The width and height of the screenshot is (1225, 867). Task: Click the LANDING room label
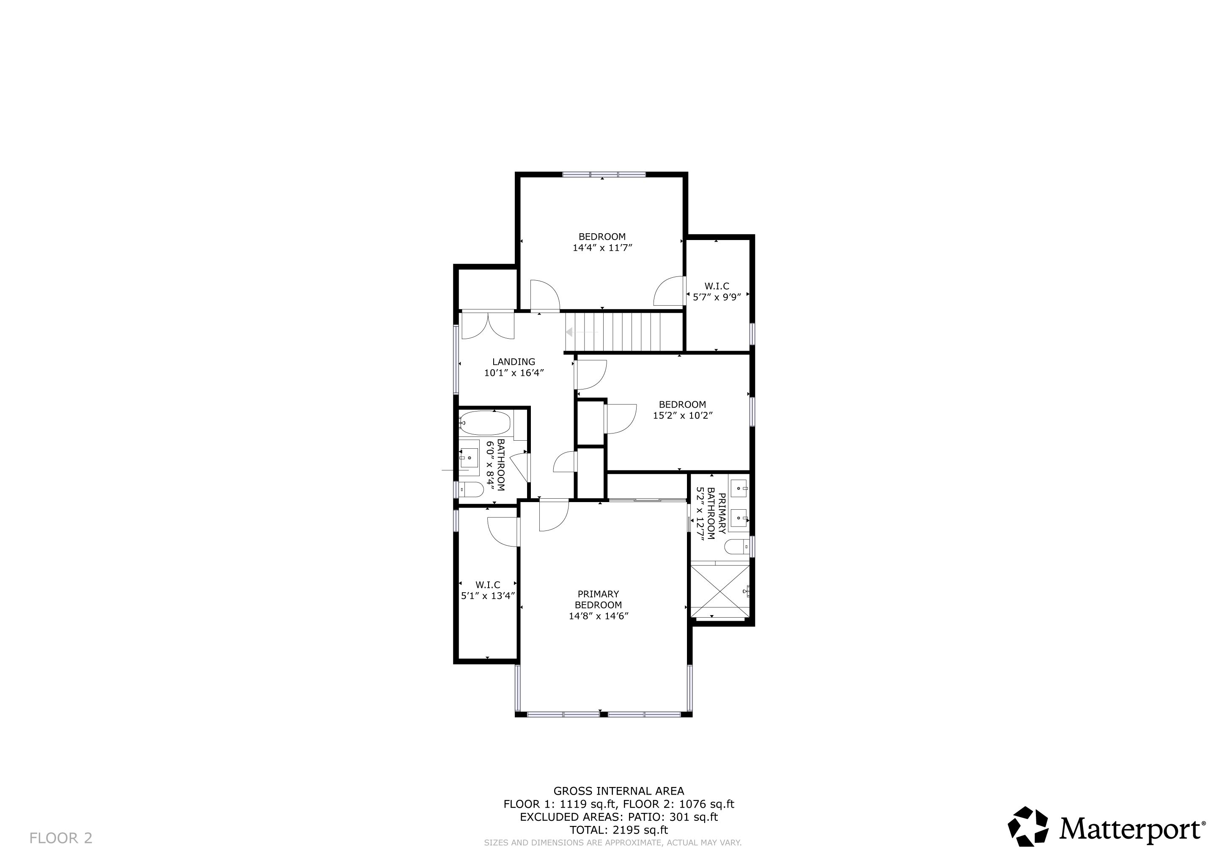point(513,362)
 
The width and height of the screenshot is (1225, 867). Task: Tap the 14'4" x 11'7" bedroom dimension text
point(602,248)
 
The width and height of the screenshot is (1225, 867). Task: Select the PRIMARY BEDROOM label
point(598,599)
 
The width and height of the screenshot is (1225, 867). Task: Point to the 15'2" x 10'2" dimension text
point(683,415)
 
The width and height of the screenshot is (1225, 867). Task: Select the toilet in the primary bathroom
point(737,546)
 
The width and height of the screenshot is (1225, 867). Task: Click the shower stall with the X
point(720,591)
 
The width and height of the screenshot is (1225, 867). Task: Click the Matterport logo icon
point(1028,826)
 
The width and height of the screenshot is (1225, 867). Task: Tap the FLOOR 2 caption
point(61,838)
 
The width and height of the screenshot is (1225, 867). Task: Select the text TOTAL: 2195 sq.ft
point(619,830)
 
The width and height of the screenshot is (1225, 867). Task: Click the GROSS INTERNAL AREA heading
point(619,791)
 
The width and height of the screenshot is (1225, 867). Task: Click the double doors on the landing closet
point(488,325)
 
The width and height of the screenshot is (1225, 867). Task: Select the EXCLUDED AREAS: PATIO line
point(619,817)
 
